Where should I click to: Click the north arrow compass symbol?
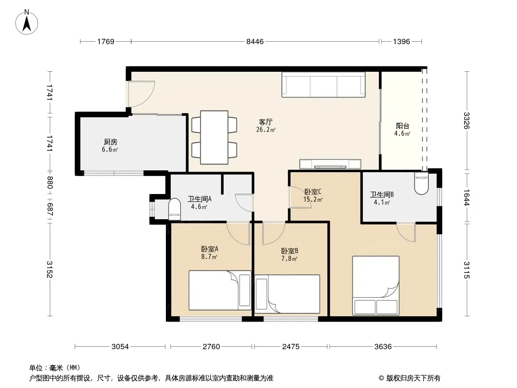[x=27, y=22]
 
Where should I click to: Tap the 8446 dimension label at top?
[x=255, y=42]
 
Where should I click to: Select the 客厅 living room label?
[x=265, y=122]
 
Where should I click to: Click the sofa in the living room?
[x=323, y=84]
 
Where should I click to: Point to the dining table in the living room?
[x=214, y=137]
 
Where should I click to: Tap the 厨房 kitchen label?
[x=111, y=142]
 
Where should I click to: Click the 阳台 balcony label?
[x=403, y=126]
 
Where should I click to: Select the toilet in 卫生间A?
[x=175, y=210]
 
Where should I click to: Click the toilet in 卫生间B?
[x=421, y=183]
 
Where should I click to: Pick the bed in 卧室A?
[x=220, y=290]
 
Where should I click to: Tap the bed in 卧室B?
[x=287, y=294]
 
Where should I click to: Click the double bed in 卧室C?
[x=376, y=286]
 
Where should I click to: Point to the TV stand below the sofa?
[x=330, y=164]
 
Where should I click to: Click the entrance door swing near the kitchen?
[x=142, y=94]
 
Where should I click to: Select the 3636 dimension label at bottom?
[x=383, y=346]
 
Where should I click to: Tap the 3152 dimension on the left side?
[x=49, y=269]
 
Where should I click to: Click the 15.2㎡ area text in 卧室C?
[x=312, y=199]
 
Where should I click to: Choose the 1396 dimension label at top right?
[x=401, y=42]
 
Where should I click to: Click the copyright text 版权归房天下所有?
[x=413, y=378]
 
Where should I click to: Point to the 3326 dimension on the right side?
[x=466, y=121]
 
